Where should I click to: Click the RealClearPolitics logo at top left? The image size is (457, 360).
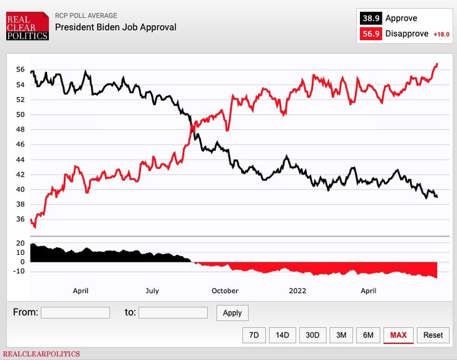click(27, 26)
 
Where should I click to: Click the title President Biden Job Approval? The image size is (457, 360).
click(116, 28)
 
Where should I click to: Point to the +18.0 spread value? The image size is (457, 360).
click(441, 34)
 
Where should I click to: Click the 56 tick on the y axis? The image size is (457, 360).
click(20, 69)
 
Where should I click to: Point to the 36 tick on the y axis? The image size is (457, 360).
click(20, 219)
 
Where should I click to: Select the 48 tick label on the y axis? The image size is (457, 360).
click(20, 130)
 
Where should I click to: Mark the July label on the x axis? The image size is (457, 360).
click(152, 291)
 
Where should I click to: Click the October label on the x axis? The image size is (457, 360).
click(225, 291)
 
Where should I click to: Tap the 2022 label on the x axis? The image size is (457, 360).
click(297, 291)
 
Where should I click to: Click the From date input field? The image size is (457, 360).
click(75, 312)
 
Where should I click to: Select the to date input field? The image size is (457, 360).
click(173, 312)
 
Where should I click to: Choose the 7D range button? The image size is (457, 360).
click(254, 335)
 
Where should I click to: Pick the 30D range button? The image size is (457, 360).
click(312, 335)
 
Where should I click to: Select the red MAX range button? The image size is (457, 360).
click(398, 335)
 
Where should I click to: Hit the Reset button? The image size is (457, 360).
click(433, 335)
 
